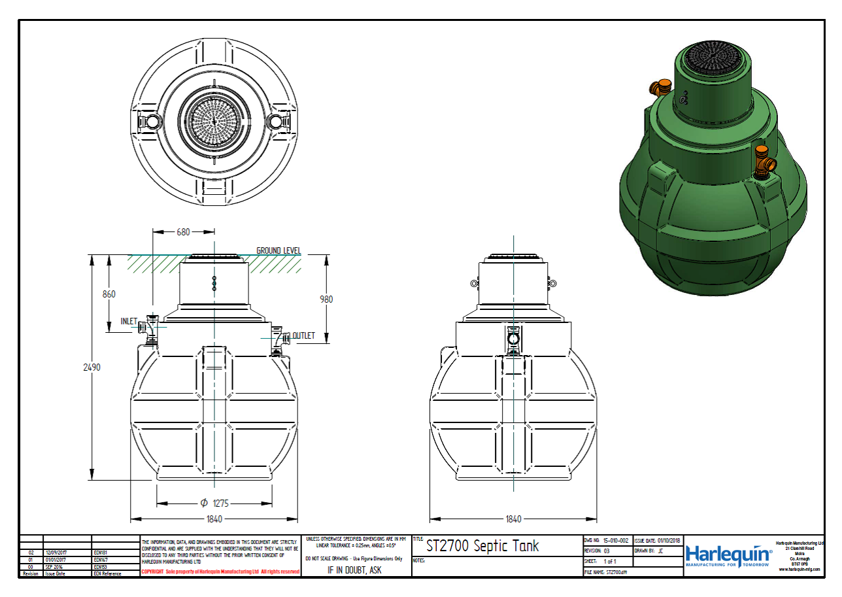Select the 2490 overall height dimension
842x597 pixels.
point(92,367)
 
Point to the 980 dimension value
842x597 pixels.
point(326,299)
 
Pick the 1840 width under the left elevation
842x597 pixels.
point(214,519)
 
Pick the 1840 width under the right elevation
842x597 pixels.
point(514,519)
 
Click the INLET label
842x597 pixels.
point(129,322)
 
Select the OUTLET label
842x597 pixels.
point(303,336)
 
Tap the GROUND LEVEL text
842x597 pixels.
point(278,250)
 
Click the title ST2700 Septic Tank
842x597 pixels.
point(482,546)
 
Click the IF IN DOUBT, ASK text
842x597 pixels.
point(354,570)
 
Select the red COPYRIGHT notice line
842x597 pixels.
point(220,572)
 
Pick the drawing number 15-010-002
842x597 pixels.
point(615,541)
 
